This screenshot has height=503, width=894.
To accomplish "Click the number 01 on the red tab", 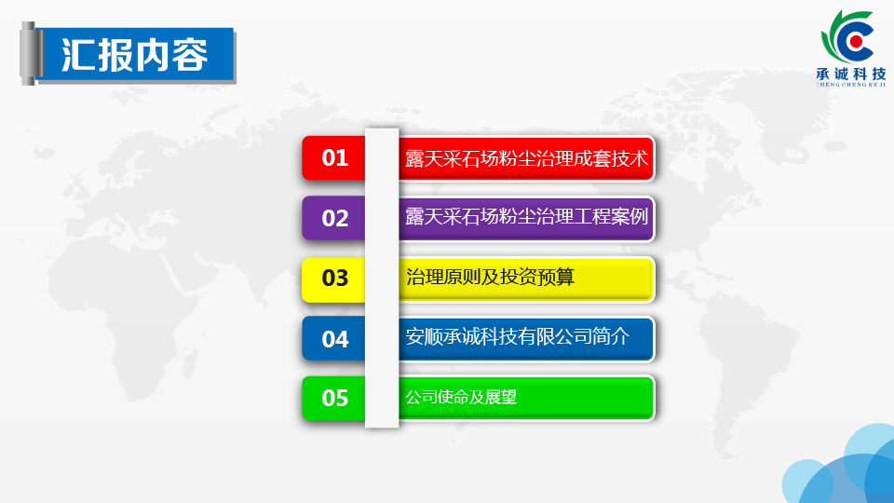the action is pos(334,158).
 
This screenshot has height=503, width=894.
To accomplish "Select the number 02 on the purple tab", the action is pos(334,218).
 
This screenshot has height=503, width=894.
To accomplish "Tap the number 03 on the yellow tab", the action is pos(334,279).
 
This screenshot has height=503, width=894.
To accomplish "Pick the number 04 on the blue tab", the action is pos(334,339).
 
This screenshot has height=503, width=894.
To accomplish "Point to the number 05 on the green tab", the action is pos(334,398).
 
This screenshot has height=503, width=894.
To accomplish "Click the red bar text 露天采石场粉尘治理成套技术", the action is pos(527,158).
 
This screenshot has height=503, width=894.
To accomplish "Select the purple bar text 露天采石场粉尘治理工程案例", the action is pos(527,217).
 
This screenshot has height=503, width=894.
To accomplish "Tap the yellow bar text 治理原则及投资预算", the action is pos(490,278).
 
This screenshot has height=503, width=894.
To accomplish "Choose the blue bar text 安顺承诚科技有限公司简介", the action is pos(517,336).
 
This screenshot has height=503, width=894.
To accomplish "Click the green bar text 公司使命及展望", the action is pos(461,397).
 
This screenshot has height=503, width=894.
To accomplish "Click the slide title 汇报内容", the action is pos(134,55).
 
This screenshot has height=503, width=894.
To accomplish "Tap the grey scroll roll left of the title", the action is pos(30,54).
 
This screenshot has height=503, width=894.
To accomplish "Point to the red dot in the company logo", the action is pos(855,41).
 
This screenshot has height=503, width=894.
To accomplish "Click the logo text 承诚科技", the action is pos(851,74).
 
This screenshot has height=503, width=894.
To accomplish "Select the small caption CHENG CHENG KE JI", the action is pos(851,85).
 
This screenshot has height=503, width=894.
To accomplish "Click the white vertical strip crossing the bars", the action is pos(382,278).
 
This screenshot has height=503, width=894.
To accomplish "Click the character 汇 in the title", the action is pos(78,55).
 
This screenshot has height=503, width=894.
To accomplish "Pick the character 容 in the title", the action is pos(190,55).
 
